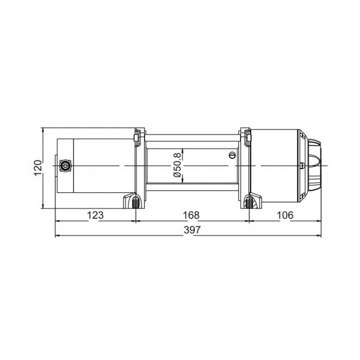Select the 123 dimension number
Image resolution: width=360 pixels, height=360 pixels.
[95, 215]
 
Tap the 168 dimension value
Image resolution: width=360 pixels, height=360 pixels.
[191, 215]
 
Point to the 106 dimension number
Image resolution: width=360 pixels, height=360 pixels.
[284, 215]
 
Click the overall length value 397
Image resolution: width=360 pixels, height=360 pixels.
[191, 230]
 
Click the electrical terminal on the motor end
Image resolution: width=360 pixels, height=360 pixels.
[64, 165]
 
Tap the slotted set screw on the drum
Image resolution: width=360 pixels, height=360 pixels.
[231, 155]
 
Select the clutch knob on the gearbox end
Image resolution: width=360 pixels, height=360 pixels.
[313, 165]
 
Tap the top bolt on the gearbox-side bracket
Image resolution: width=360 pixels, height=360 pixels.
[246, 134]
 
